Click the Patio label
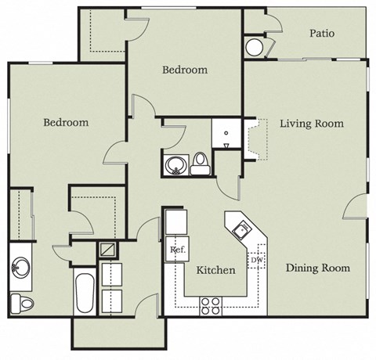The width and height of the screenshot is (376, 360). [322, 34]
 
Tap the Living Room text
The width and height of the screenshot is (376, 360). [312, 124]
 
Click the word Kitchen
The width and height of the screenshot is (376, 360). [215, 271]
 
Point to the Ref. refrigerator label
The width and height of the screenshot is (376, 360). [176, 250]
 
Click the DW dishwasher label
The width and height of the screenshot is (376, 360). [256, 261]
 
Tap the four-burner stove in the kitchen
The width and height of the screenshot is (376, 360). [211, 305]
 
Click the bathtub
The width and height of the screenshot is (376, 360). [83, 293]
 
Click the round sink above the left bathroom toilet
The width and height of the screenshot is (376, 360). [21, 269]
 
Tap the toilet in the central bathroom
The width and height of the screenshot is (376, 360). [201, 164]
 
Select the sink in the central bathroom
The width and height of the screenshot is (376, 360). [175, 165]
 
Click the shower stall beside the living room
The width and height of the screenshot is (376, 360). [226, 134]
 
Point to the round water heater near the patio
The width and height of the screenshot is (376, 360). [256, 47]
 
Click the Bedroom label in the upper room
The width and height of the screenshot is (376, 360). [185, 70]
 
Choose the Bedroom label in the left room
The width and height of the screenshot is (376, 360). [65, 123]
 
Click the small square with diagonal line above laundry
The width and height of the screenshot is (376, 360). [107, 251]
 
